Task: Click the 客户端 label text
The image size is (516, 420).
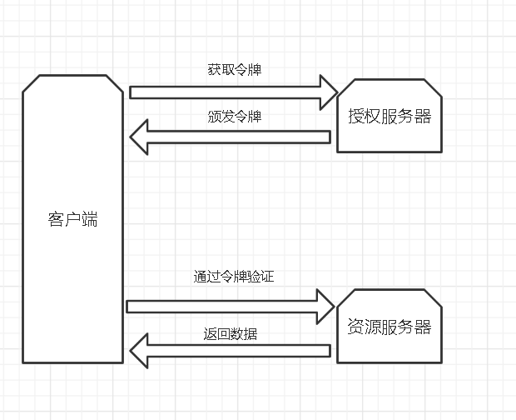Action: pyautogui.click(x=72, y=220)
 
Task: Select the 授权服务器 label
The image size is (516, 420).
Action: pyautogui.click(x=389, y=116)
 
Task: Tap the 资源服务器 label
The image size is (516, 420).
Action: pyautogui.click(x=389, y=327)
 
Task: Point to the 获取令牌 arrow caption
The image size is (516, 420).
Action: pyautogui.click(x=234, y=70)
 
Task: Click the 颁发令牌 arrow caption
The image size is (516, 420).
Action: pyautogui.click(x=234, y=117)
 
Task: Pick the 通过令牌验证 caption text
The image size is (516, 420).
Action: pyautogui.click(x=233, y=277)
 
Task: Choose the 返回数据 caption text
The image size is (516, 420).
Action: pyautogui.click(x=231, y=334)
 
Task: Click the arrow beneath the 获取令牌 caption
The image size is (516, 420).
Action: pyautogui.click(x=225, y=92)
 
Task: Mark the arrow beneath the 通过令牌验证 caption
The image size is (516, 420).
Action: pyautogui.click(x=221, y=306)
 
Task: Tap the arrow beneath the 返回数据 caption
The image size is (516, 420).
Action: pyautogui.click(x=237, y=351)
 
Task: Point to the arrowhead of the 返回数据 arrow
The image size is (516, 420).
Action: pyautogui.click(x=139, y=351)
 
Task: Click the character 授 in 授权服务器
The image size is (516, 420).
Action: pyautogui.click(x=356, y=116)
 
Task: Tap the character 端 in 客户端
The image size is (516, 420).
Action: pyautogui.click(x=89, y=220)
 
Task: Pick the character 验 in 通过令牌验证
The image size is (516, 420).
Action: pyautogui.click(x=253, y=277)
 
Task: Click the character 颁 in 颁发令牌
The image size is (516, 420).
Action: pyautogui.click(x=214, y=117)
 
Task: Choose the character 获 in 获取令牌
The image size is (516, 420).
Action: pyautogui.click(x=214, y=70)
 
